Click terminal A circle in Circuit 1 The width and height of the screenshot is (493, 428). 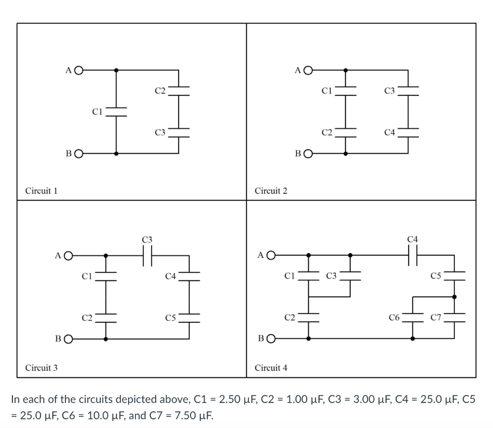click(78, 70)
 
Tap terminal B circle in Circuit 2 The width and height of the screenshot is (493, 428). click(307, 154)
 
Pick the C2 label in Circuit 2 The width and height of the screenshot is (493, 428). click(327, 132)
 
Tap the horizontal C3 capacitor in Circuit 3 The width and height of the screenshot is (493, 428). click(147, 255)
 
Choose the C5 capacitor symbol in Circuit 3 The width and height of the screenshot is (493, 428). click(189, 317)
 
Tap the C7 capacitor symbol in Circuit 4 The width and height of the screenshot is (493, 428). click(454, 317)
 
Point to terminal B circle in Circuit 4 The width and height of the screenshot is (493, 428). click(271, 339)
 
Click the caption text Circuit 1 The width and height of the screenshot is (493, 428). click(41, 191)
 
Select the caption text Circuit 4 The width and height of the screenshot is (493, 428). click(271, 368)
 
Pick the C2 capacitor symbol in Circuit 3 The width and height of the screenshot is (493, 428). click(106, 317)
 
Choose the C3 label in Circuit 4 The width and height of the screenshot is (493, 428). click(331, 276)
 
